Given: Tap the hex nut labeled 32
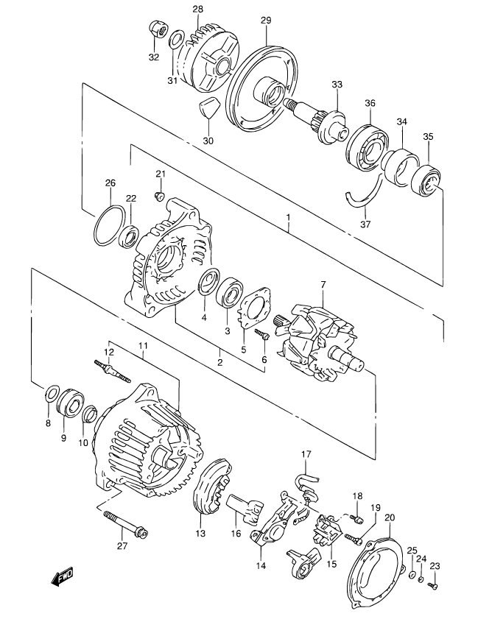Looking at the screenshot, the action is (x=156, y=29).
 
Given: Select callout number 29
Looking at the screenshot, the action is (x=266, y=20).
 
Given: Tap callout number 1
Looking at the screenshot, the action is (x=288, y=217).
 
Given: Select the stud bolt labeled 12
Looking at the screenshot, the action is (x=113, y=370).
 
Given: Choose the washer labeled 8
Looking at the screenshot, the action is (x=52, y=395).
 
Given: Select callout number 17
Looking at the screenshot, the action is (x=306, y=454).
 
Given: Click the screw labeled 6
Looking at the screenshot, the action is (x=261, y=335).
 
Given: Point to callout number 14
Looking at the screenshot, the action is (x=261, y=565).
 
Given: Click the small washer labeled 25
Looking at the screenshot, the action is (x=411, y=574).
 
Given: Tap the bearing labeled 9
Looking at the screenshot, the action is (x=69, y=402).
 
